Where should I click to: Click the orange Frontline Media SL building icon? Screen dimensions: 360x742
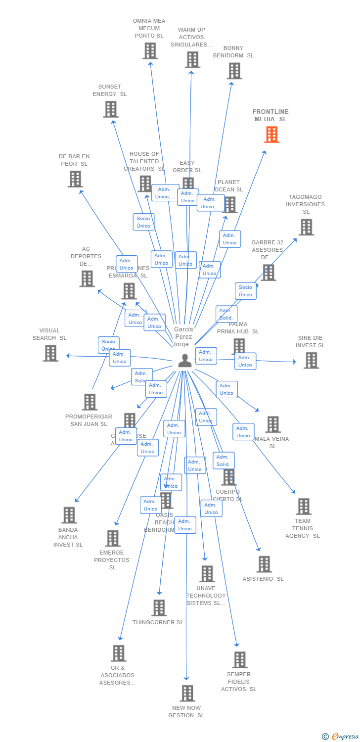(x=271, y=135)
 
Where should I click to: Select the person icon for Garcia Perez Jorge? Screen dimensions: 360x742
(x=185, y=361)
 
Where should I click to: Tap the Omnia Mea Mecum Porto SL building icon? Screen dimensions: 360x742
(x=150, y=51)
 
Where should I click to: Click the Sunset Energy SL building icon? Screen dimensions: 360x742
(x=111, y=109)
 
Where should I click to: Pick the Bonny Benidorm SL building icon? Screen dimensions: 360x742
(x=234, y=71)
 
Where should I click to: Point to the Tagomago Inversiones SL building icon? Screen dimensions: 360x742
(x=306, y=228)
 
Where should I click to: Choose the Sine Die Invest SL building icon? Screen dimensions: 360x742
(x=311, y=361)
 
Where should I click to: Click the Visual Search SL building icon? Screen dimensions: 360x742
(x=50, y=353)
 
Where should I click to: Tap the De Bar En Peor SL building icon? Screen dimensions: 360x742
(x=75, y=179)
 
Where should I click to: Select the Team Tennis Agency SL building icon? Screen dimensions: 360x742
(x=304, y=507)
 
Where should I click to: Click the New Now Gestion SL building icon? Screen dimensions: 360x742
(x=187, y=694)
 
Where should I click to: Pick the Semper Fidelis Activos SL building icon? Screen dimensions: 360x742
(x=240, y=660)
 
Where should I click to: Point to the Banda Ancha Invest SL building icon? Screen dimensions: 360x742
(x=69, y=515)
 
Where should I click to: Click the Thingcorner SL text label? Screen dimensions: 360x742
(x=158, y=622)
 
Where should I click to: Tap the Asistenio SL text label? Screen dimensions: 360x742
(x=263, y=579)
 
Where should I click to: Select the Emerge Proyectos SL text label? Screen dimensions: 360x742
(x=112, y=560)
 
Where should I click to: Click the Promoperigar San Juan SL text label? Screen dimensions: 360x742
(x=89, y=420)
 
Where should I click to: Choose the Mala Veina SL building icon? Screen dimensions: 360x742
(x=273, y=424)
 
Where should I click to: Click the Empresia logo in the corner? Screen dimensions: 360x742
(x=341, y=737)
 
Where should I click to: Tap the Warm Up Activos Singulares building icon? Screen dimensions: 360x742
(x=192, y=60)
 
